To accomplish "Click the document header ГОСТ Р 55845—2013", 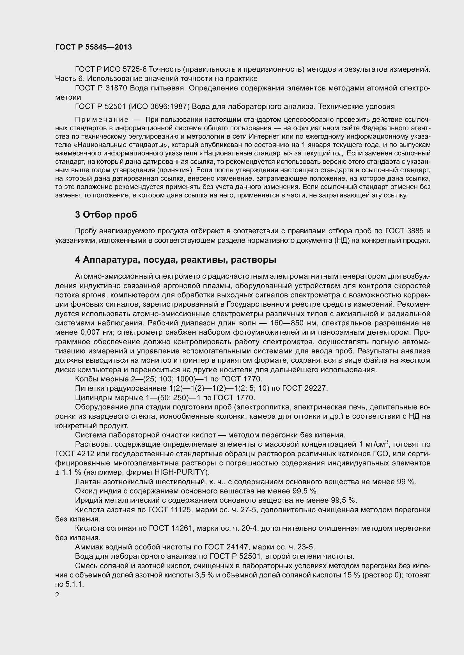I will click(x=93, y=47).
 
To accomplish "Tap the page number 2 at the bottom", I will click(x=57, y=595).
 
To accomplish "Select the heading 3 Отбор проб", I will click(x=106, y=215).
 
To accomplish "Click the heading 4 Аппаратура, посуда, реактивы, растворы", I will click(x=175, y=260).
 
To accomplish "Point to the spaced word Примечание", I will click(x=102, y=119).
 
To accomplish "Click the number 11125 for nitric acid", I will click(x=177, y=510).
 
